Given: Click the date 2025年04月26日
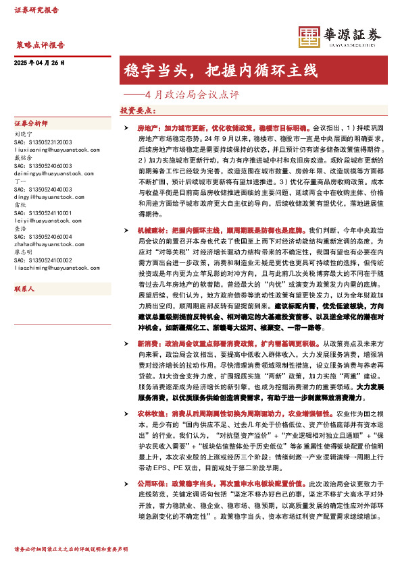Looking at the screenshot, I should click(x=39, y=63).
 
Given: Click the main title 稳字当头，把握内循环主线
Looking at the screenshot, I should click(x=220, y=69).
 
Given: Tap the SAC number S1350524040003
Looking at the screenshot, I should click(x=43, y=189).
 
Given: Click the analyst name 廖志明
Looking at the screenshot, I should click(x=24, y=252).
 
